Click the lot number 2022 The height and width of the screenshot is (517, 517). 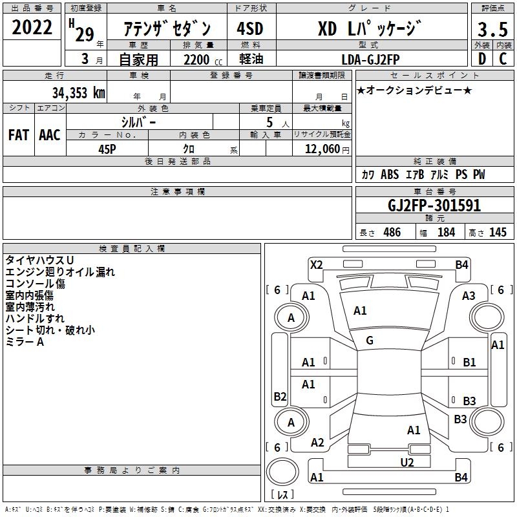[32, 27]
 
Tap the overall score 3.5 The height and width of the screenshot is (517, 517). [492, 29]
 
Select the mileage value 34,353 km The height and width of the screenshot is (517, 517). [78, 92]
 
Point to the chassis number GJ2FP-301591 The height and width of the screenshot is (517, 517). [434, 206]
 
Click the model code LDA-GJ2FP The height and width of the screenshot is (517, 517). [370, 59]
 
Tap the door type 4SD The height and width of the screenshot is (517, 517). [250, 28]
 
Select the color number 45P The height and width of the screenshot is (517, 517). [107, 149]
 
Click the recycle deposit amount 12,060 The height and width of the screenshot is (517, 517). [322, 149]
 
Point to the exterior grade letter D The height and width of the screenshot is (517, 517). [482, 59]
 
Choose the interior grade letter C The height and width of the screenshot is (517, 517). [503, 59]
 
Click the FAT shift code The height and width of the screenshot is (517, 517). [19, 135]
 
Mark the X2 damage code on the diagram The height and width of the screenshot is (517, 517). [316, 265]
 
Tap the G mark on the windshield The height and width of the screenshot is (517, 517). [370, 341]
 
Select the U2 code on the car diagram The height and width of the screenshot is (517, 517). [407, 463]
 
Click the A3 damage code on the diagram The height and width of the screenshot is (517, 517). [469, 296]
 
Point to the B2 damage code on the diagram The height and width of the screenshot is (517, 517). [280, 396]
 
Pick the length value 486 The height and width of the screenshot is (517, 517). [392, 232]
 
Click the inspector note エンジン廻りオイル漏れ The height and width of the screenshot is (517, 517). [60, 272]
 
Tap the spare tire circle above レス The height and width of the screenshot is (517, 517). [282, 471]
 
